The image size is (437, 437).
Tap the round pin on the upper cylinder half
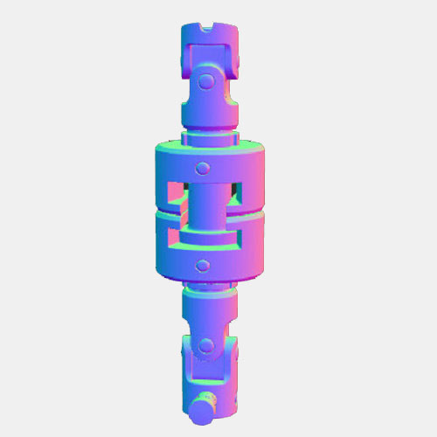click(x=203, y=167)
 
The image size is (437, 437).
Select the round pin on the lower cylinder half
click(x=203, y=264)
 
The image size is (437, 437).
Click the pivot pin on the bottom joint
click(x=207, y=345)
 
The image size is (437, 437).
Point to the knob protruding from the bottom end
click(x=204, y=406)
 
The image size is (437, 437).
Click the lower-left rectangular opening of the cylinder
click(x=173, y=234)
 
